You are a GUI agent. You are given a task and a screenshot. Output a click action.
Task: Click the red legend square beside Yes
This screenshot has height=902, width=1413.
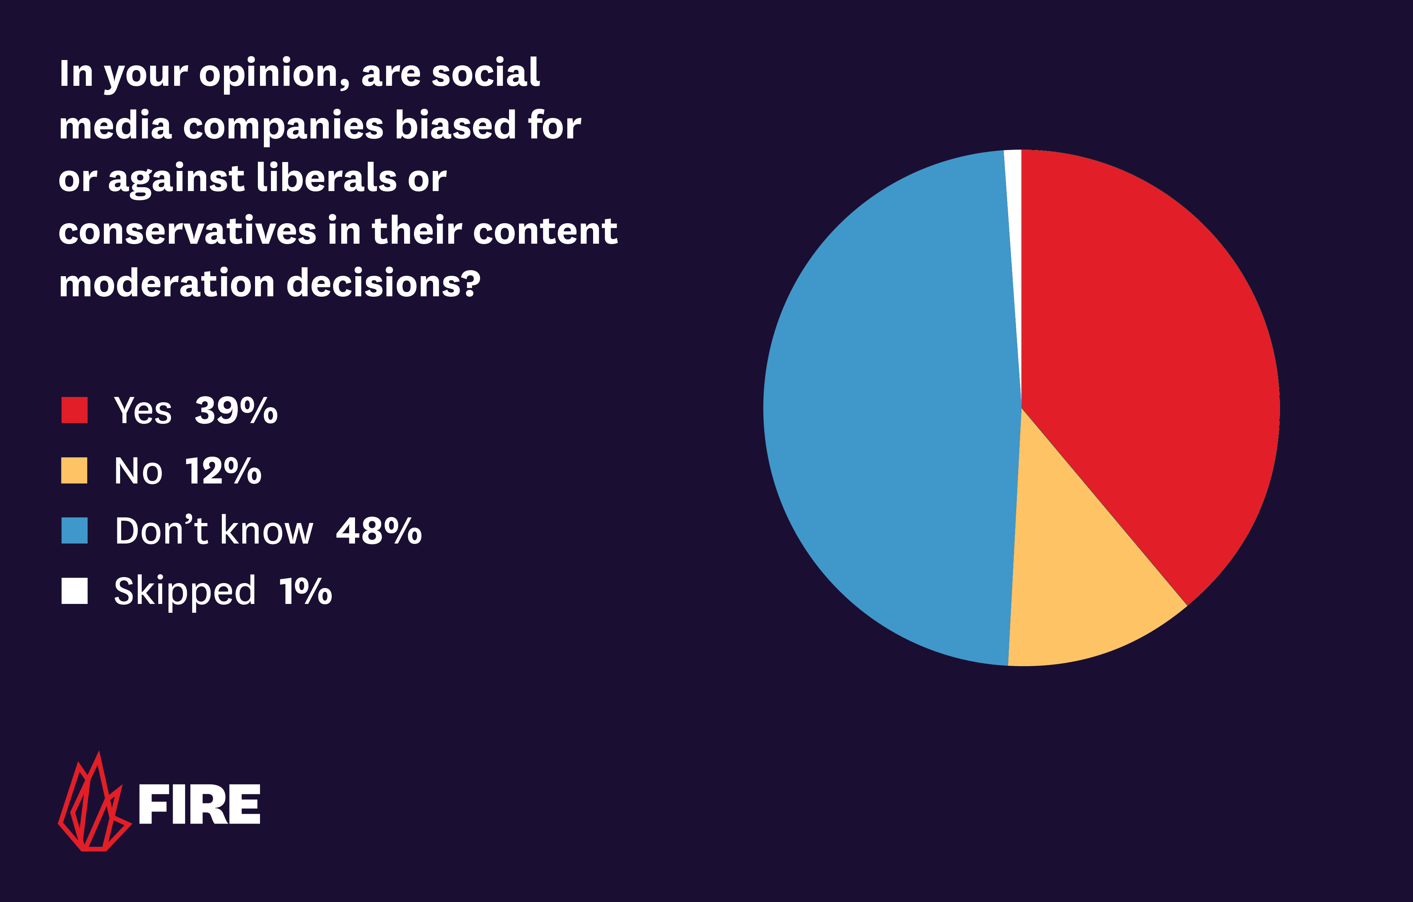(75, 410)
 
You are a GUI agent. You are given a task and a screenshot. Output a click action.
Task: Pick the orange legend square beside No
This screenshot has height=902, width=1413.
(75, 470)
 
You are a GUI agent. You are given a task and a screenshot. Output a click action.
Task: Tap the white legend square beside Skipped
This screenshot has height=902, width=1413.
(75, 591)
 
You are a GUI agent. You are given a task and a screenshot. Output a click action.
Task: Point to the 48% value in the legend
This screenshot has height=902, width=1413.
(378, 532)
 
